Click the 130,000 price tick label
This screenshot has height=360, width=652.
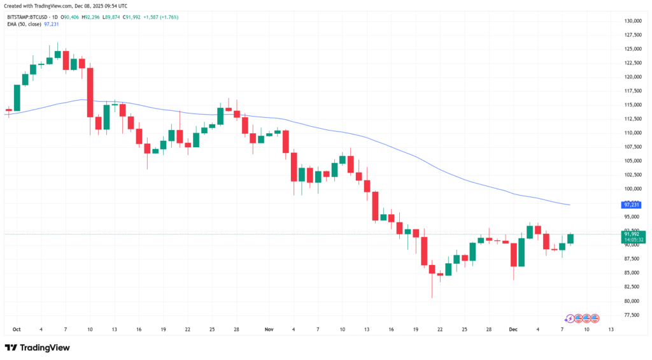click(632, 21)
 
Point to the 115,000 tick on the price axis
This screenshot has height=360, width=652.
click(632, 105)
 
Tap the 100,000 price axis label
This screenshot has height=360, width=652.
click(632, 189)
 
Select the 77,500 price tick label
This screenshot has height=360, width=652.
click(632, 315)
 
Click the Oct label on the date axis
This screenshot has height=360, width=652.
click(17, 329)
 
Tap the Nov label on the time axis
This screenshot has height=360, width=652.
click(269, 329)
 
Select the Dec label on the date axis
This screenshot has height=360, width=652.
click(513, 329)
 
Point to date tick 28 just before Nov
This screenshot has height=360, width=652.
click(236, 329)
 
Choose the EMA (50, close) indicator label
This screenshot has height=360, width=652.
click(24, 24)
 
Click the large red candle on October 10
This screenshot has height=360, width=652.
click(90, 92)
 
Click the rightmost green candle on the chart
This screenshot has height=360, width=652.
click(570, 238)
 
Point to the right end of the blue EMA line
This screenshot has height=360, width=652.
click(569, 205)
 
